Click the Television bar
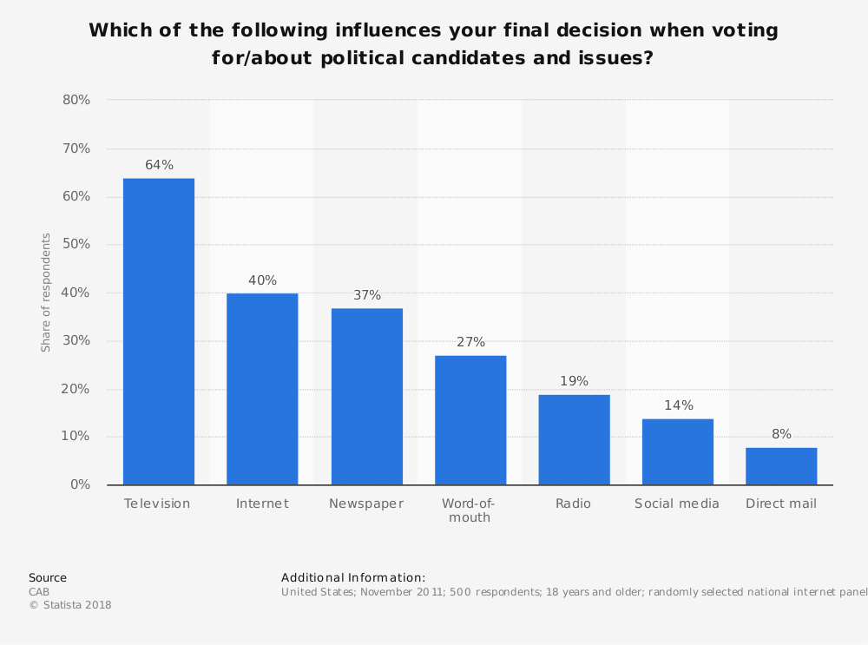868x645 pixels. tap(159, 332)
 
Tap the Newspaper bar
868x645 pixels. tap(366, 397)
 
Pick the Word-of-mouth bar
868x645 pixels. tap(470, 420)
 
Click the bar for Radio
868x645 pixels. tap(574, 439)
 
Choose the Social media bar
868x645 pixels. tap(678, 451)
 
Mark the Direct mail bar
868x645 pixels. tap(781, 466)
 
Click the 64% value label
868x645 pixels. tap(159, 165)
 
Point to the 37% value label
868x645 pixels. tap(366, 295)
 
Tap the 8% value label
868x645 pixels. tap(781, 434)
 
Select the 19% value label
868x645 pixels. tap(574, 381)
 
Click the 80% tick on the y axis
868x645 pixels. tap(76, 100)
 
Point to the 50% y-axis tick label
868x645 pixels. tap(76, 245)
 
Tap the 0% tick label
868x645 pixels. tap(80, 484)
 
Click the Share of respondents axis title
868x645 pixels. tap(46, 293)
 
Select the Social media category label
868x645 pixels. tap(677, 503)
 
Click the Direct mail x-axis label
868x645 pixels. tap(781, 503)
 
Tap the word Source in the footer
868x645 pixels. tap(48, 577)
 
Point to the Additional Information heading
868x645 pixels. tap(353, 577)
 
